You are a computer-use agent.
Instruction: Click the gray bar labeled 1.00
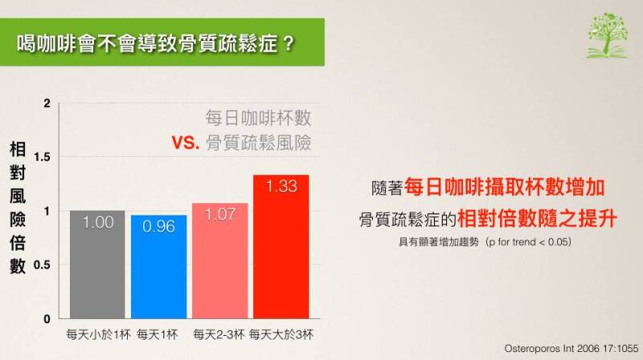click(x=97, y=264)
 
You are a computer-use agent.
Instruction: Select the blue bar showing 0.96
click(x=158, y=267)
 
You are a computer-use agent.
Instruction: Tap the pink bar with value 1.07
click(x=219, y=261)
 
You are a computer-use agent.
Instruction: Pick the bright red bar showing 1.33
click(x=281, y=247)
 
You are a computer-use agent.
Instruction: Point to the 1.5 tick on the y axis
click(x=43, y=157)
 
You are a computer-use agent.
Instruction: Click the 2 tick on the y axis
click(x=47, y=104)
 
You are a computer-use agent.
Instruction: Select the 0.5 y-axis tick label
click(x=43, y=265)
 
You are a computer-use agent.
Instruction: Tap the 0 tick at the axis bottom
click(x=47, y=319)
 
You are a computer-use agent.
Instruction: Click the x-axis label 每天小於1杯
click(x=98, y=334)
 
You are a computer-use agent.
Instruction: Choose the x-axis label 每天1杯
click(x=158, y=334)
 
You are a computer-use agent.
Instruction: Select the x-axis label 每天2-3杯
click(x=219, y=334)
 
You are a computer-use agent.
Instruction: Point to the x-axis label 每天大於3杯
click(x=281, y=334)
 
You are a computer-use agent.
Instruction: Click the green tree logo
click(x=608, y=35)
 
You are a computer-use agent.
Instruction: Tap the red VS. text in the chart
click(x=186, y=143)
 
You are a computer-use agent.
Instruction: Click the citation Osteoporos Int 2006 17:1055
click(x=571, y=349)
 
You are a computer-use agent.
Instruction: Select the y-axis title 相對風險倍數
click(x=18, y=207)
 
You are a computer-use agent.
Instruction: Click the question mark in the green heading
click(x=289, y=43)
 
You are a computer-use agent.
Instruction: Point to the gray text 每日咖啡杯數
click(x=258, y=118)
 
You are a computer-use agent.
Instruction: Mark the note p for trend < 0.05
click(x=529, y=242)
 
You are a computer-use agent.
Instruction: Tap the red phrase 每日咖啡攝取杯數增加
click(x=505, y=187)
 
